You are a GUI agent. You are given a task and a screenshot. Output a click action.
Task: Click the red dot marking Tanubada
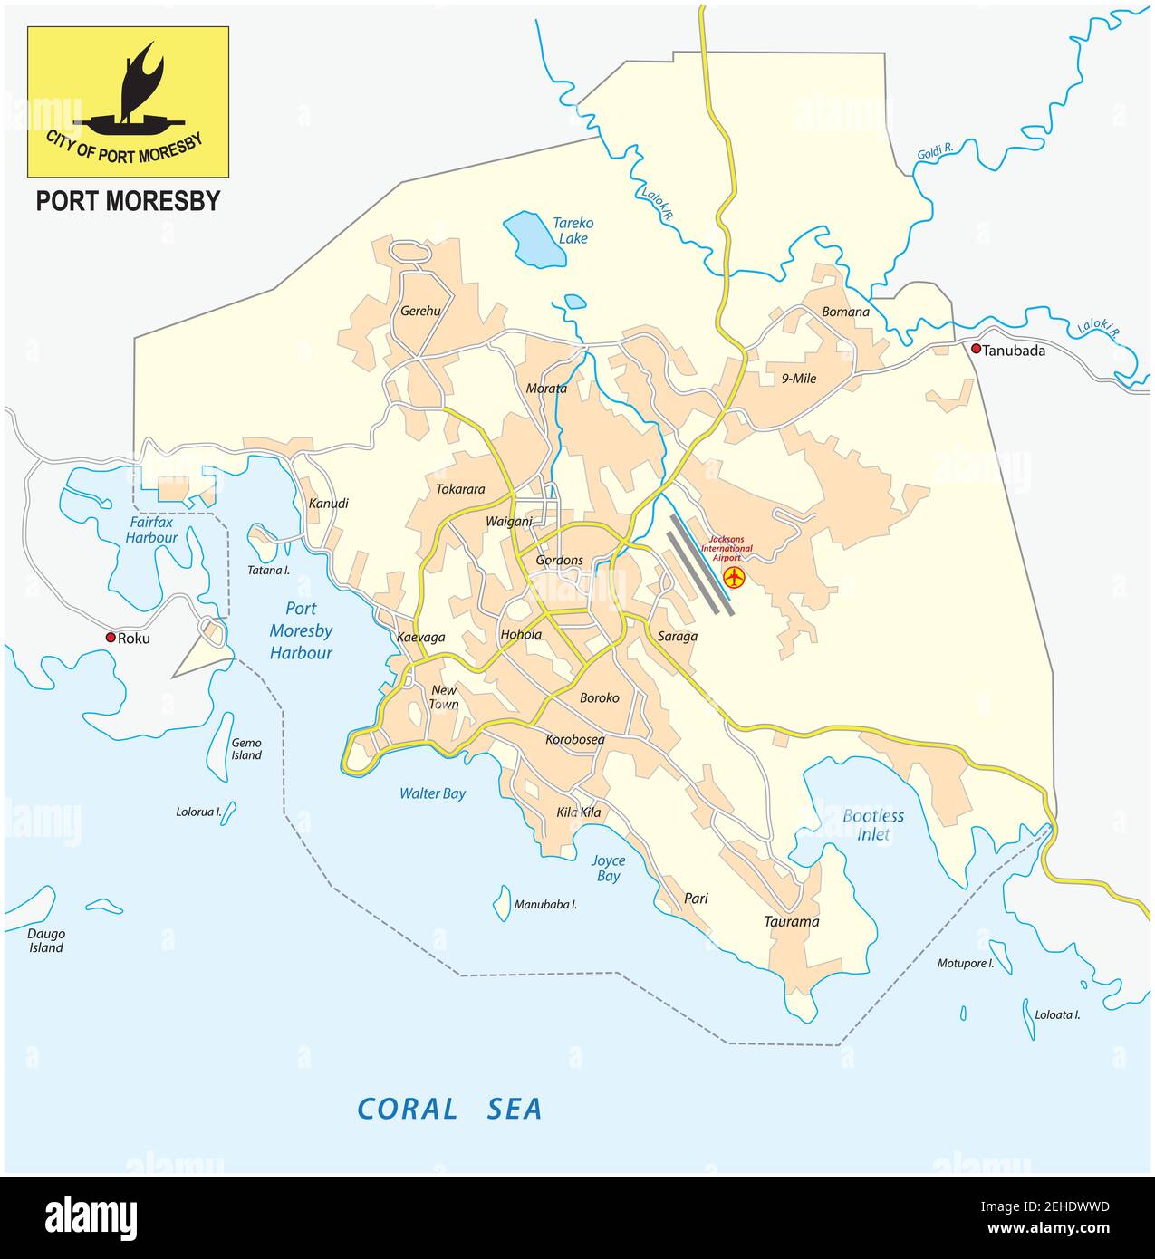[976, 350]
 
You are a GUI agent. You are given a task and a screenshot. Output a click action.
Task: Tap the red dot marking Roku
[111, 638]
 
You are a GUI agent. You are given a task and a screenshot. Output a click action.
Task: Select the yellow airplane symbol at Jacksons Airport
[734, 577]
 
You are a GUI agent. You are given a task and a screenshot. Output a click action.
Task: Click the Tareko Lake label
[573, 230]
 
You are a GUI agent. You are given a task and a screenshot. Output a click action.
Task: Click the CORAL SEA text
[449, 1109]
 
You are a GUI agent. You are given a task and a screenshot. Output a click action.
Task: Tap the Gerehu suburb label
[420, 311]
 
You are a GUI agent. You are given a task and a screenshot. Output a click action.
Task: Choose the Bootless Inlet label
[872, 825]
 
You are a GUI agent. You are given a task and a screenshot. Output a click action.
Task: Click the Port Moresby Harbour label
[301, 630]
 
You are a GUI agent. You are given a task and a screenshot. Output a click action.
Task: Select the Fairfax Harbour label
[152, 530]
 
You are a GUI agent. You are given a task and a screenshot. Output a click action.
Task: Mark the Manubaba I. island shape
[501, 902]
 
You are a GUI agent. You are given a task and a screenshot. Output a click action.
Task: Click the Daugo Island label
[45, 940]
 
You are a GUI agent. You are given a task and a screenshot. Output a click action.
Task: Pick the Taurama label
[790, 922]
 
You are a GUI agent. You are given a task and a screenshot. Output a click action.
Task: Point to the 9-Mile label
[798, 379]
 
